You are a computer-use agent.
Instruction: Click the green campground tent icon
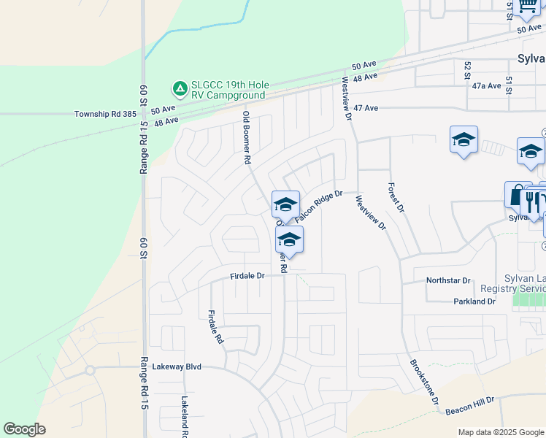pyautogui.click(x=179, y=89)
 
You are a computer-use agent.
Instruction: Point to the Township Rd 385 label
pyautogui.click(x=105, y=115)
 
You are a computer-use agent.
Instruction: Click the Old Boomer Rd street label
pyautogui.click(x=247, y=137)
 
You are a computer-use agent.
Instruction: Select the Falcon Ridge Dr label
pyautogui.click(x=318, y=207)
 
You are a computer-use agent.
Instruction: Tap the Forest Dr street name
pyautogui.click(x=396, y=198)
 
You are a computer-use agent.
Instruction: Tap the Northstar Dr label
pyautogui.click(x=450, y=280)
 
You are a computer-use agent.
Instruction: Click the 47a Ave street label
pyautogui.click(x=486, y=85)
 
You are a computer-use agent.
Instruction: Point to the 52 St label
pyautogui.click(x=467, y=70)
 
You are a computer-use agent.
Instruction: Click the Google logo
pyautogui.click(x=24, y=429)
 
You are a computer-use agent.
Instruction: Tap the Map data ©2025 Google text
pyautogui.click(x=500, y=432)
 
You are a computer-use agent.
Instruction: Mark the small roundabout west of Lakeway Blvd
pyautogui.click(x=90, y=370)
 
